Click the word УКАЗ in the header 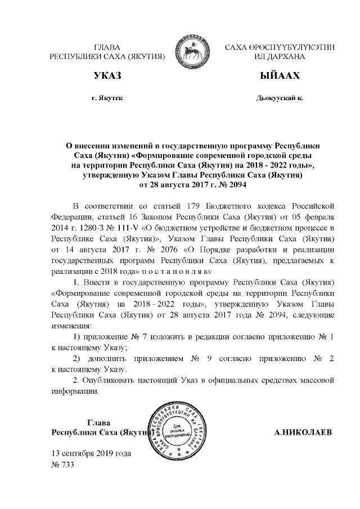(x=107, y=75)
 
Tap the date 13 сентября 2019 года (x=92, y=453)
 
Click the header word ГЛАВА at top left (x=107, y=47)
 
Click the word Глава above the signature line (x=98, y=422)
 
